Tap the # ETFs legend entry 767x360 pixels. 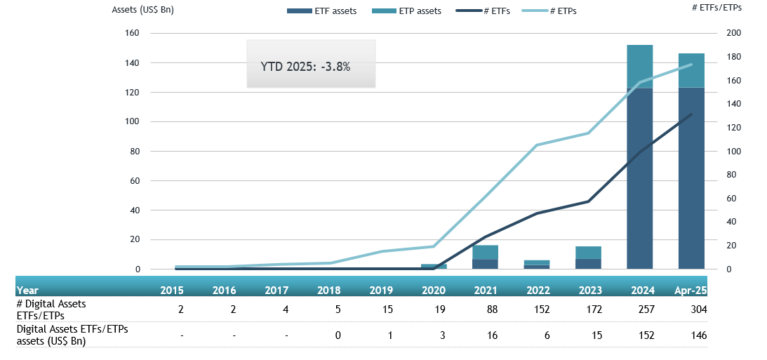point(482,11)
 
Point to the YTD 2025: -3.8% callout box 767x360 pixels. point(311,64)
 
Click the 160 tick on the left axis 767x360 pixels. point(132,33)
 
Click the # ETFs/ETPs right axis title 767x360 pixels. point(736,7)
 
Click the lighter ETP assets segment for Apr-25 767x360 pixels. point(691,70)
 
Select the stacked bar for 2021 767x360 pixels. point(485,257)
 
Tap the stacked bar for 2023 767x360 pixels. point(588,258)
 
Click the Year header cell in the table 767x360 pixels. point(27,289)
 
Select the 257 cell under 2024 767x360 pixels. point(644,309)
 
